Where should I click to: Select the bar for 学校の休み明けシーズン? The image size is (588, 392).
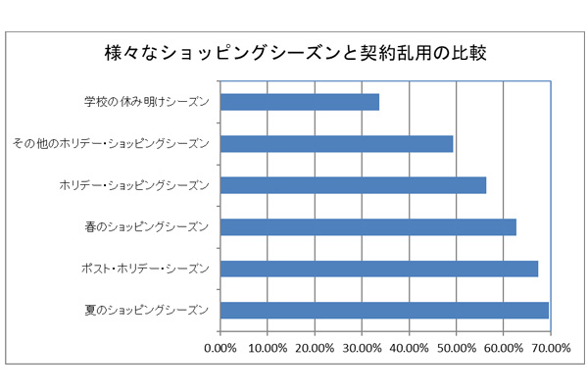(x=300, y=101)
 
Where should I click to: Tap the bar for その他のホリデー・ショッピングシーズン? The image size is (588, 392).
(x=337, y=143)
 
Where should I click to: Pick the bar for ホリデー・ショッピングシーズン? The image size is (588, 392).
(x=353, y=185)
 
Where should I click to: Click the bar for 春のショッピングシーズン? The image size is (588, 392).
(x=368, y=227)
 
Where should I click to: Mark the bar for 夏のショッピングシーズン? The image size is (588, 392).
(x=384, y=311)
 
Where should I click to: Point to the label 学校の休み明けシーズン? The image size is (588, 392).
(x=147, y=101)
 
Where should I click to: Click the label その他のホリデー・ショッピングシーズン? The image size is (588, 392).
(x=110, y=143)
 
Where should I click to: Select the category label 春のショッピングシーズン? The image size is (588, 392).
(x=148, y=227)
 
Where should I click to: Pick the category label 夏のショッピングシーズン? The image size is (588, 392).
(x=148, y=311)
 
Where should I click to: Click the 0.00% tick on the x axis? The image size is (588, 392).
(x=220, y=347)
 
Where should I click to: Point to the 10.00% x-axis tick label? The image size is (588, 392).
(x=268, y=347)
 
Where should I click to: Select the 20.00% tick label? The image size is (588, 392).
(x=315, y=347)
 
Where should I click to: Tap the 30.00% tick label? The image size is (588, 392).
(x=362, y=347)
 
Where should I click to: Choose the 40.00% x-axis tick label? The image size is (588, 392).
(x=409, y=347)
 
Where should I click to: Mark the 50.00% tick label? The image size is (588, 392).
(x=456, y=347)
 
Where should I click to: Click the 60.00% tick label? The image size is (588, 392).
(x=503, y=347)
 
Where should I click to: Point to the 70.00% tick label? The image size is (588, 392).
(x=550, y=347)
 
